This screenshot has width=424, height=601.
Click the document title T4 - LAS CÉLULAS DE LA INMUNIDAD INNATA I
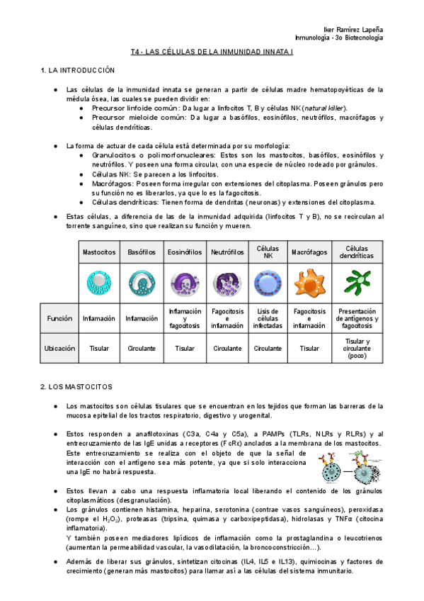211,53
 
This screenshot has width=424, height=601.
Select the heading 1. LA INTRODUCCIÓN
77,71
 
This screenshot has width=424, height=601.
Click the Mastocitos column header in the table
99,252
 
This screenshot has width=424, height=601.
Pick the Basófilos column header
142,252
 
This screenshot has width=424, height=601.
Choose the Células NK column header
268,252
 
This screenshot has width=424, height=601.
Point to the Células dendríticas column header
357,252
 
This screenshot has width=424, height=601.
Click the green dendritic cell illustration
357,283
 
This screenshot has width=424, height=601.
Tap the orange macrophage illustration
309,283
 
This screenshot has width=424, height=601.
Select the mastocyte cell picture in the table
99,283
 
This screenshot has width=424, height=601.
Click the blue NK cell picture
268,283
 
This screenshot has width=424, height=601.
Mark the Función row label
60,318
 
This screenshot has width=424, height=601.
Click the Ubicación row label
60,349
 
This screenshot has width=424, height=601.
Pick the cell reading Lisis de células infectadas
268,318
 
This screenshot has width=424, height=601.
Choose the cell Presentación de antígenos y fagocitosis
357,318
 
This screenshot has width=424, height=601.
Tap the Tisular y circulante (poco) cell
357,349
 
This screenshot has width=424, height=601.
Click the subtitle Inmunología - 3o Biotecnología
338,38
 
